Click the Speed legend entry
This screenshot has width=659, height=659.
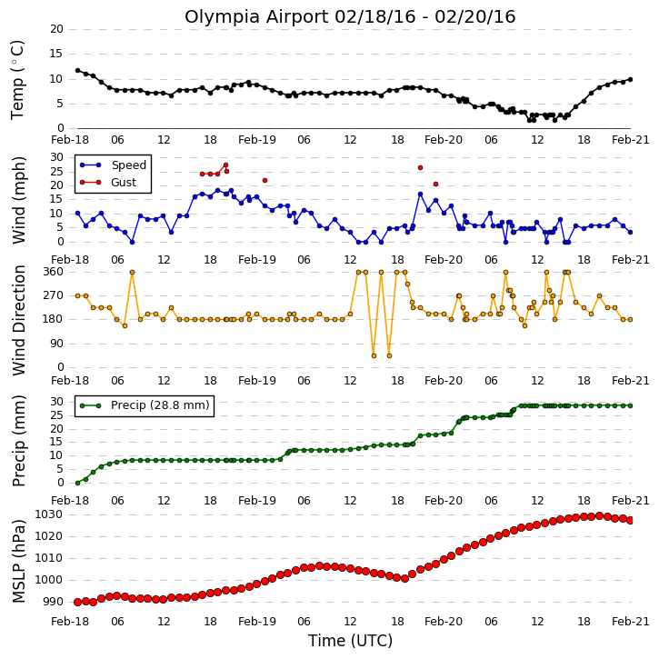pos(113,165)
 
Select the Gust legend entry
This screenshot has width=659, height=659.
pos(108,183)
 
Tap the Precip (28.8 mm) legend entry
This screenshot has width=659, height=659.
pos(145,405)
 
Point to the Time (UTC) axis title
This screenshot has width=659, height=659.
pos(350,641)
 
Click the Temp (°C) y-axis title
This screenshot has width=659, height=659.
pos(17,80)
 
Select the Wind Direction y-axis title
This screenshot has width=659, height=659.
pos(18,320)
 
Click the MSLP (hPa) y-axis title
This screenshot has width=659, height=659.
pos(18,561)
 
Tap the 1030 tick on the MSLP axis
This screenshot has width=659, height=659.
pos(48,514)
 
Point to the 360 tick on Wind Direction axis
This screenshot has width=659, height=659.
pos(53,272)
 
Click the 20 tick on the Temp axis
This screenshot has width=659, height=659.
pos(56,29)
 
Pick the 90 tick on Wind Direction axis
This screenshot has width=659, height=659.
pos(56,344)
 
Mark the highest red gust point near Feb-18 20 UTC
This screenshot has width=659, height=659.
pos(225,165)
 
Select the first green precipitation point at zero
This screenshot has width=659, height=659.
pos(77,483)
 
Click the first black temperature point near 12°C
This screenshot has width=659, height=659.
pos(77,70)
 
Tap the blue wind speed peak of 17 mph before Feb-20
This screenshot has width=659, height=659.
pos(420,195)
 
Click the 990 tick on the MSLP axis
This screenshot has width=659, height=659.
pos(52,602)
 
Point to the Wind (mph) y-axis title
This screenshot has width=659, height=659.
pos(18,200)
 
